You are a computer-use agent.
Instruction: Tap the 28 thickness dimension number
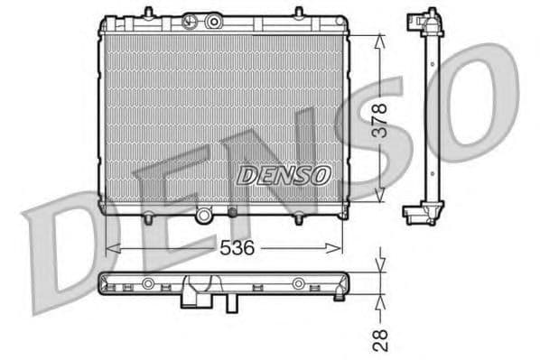pos(381,339)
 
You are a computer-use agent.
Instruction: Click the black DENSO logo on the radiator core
pos(284,175)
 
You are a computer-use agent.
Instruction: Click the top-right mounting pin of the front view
pos(299,12)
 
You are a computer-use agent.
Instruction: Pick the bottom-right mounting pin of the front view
pos(298,217)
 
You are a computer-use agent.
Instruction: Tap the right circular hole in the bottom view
pos(298,284)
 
